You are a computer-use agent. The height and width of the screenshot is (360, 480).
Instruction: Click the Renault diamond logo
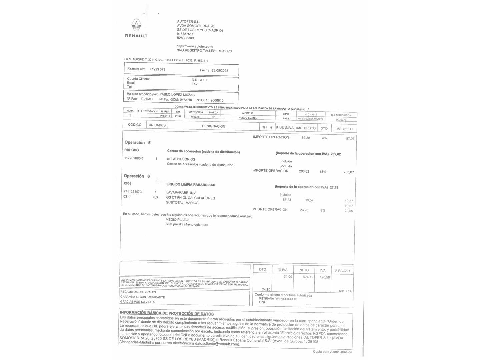pos(136,25)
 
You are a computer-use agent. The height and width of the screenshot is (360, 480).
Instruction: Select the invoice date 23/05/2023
pos(220,70)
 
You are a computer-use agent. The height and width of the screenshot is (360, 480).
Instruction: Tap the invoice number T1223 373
pos(157,69)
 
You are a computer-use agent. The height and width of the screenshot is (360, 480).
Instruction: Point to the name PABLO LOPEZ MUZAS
pos(177,95)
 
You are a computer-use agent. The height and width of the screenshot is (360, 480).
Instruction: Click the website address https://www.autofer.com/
pos(195,46)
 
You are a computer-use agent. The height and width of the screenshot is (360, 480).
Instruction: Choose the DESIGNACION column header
pos(213,126)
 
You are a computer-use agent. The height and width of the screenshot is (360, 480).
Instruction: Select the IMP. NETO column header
pos(344,129)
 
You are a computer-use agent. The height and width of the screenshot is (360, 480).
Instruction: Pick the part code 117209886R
pos(133,158)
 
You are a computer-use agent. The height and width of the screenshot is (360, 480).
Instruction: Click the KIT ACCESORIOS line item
pos(181,159)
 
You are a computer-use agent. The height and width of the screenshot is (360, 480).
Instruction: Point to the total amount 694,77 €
pos(345,291)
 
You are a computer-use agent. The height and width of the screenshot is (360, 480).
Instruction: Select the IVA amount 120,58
pos(325,277)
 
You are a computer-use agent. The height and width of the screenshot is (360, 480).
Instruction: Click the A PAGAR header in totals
pos(342,271)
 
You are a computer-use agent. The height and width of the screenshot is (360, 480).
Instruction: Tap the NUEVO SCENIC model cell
pos(248,118)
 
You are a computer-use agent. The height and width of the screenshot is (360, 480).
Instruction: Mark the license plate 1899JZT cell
pos(196,117)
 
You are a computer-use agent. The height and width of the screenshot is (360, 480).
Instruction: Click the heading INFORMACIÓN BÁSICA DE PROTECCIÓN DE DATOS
pos(167,313)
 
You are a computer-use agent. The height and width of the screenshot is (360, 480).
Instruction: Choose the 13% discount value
pos(323,172)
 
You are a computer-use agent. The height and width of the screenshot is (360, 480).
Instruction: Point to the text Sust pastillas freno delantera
pos(187,225)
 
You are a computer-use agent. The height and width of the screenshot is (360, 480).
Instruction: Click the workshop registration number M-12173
pos(225,51)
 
